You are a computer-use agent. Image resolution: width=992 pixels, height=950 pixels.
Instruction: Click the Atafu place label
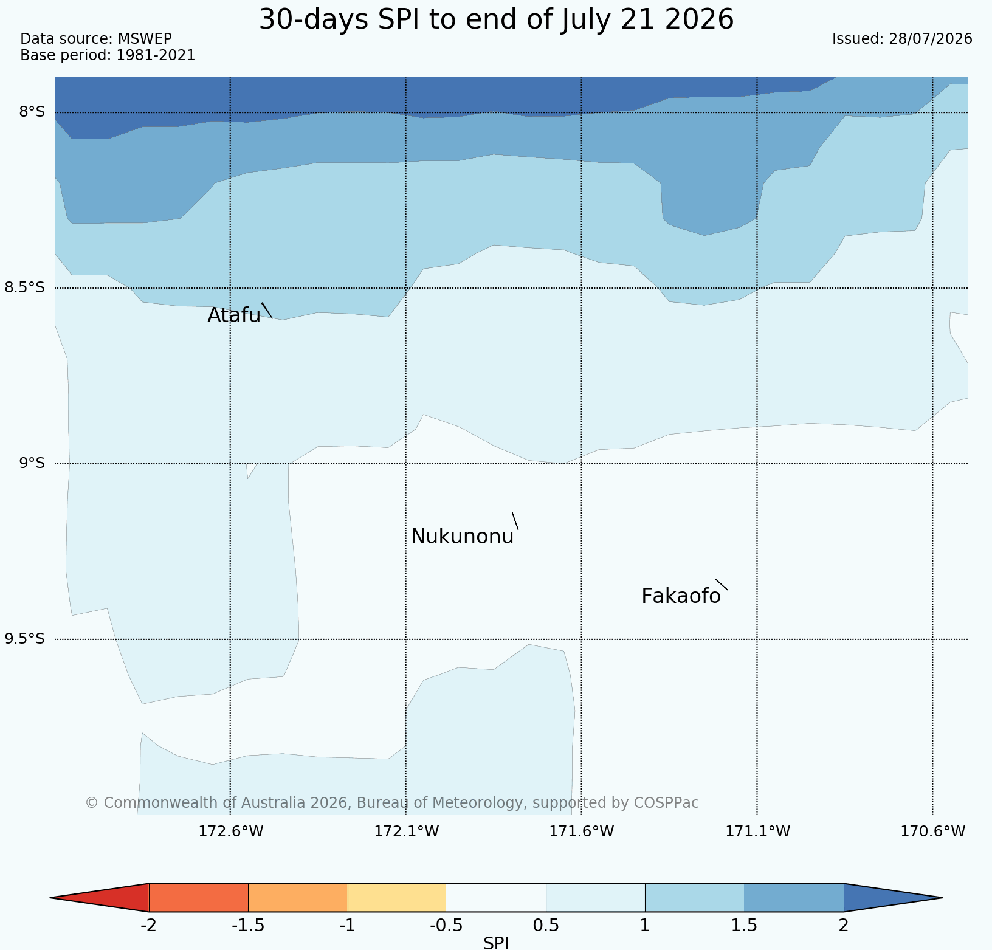[234, 315]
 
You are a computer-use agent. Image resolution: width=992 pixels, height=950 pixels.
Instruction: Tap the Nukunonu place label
[463, 537]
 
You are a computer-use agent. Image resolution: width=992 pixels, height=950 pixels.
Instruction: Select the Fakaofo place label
[681, 596]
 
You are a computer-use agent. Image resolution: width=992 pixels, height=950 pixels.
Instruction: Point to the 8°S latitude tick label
[32, 112]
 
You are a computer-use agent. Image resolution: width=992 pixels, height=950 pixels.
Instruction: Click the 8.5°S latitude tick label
[25, 287]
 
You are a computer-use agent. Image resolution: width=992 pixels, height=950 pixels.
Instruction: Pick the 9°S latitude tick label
[32, 463]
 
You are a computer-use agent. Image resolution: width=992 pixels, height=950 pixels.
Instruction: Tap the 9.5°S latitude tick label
[25, 639]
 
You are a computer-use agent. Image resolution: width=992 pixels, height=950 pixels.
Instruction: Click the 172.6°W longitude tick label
[231, 831]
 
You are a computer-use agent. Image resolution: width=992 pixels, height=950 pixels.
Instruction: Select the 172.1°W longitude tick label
[406, 831]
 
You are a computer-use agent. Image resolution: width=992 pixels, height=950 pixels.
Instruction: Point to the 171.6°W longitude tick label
[582, 831]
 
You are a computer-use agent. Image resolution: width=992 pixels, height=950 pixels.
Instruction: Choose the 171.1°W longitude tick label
[757, 831]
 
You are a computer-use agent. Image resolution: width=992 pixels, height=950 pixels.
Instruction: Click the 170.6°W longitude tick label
[933, 831]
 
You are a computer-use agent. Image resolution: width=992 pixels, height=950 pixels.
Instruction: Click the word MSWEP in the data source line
[145, 39]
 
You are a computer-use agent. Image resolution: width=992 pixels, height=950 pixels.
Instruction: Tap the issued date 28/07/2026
[931, 39]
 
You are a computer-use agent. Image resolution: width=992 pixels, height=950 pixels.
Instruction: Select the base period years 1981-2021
[156, 55]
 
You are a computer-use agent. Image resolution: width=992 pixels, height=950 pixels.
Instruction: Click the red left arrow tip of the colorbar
[51, 897]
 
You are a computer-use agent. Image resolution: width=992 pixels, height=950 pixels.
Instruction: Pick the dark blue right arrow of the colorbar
[893, 897]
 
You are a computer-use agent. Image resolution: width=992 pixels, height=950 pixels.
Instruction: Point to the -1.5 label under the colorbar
[248, 926]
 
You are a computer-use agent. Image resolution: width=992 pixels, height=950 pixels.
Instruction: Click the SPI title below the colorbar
[496, 943]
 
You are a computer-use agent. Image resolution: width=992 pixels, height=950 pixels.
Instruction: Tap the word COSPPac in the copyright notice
[666, 803]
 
